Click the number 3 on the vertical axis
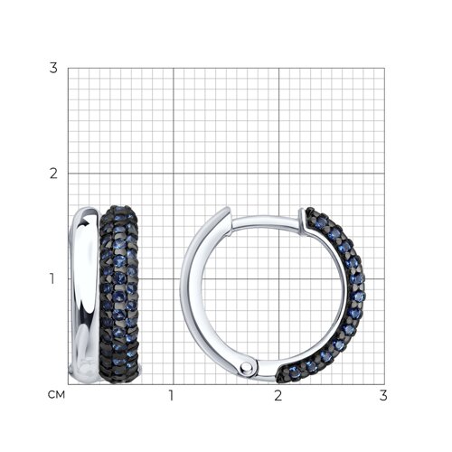click(53, 68)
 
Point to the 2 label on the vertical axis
click(53, 174)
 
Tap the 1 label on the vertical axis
click(52, 278)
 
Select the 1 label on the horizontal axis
click(172, 395)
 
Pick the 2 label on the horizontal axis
click(278, 395)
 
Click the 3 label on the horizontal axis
click(383, 395)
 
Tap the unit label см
click(56, 395)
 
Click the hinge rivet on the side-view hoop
click(246, 367)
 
